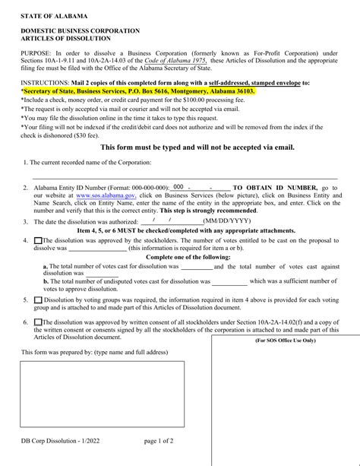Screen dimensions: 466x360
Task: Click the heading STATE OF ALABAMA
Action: point(54,15)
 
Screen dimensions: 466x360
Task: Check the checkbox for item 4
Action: point(39,241)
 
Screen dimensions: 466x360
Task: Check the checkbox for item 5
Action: point(39,300)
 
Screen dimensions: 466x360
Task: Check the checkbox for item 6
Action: point(39,322)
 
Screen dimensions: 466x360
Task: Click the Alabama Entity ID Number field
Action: point(198,187)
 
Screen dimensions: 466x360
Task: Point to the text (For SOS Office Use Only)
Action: point(286,341)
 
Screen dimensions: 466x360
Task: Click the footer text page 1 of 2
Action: point(158,440)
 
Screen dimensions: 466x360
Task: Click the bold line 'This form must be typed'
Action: point(187,147)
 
